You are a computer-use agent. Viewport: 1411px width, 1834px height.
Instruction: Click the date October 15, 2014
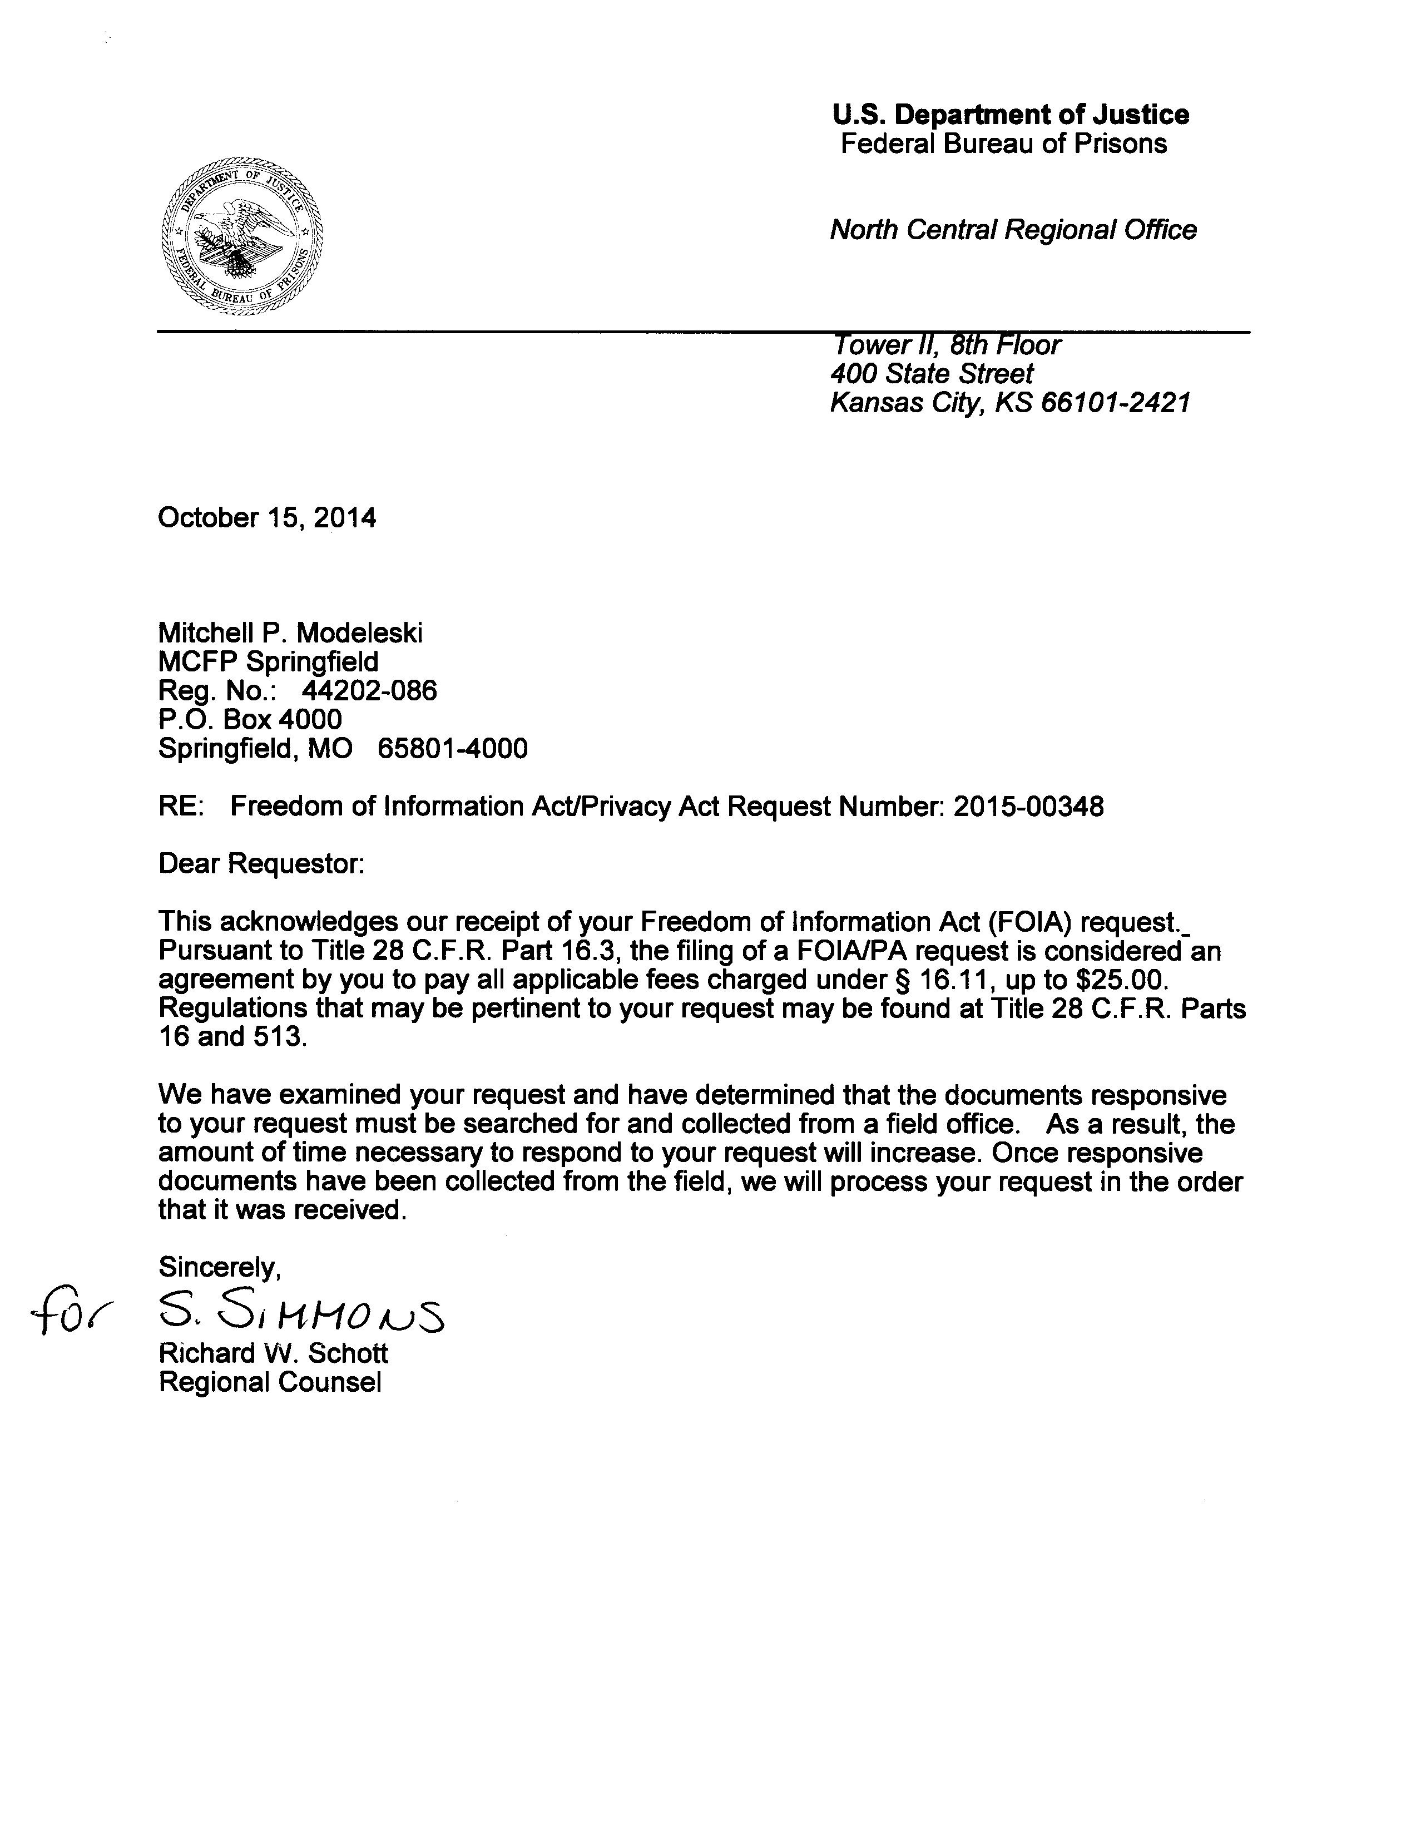267,517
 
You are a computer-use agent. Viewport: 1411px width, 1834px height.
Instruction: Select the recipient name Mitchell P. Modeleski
290,633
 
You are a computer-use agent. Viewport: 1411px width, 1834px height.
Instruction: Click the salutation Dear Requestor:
261,864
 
